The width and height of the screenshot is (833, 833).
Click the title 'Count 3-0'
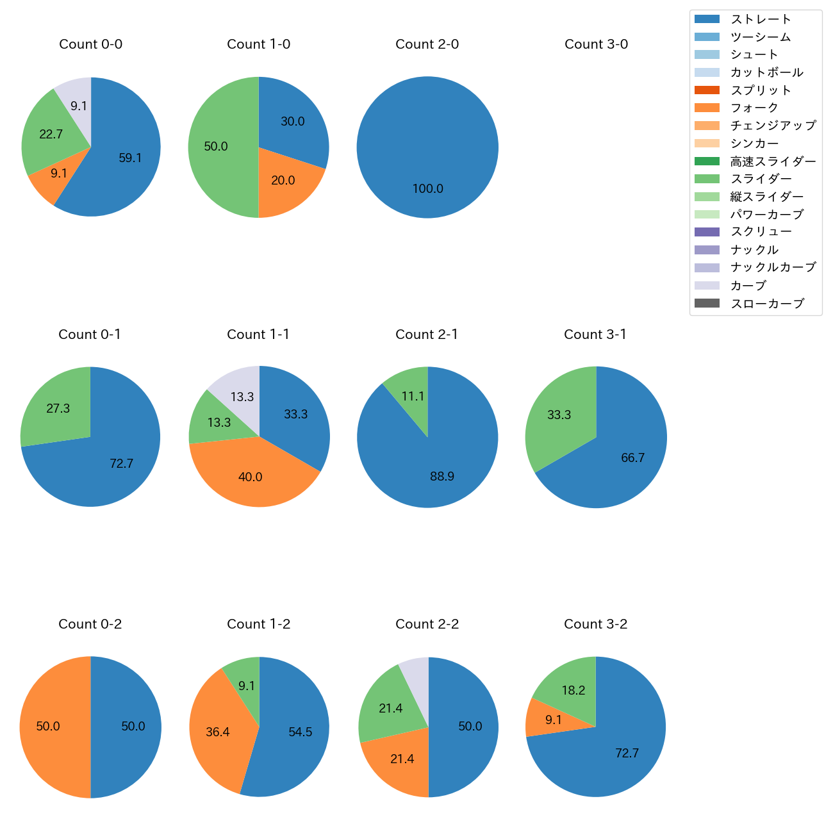[596, 44]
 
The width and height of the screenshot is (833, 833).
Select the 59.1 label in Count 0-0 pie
[130, 158]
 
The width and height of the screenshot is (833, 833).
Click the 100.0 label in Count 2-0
[427, 189]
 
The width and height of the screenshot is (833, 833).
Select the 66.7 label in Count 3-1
[632, 458]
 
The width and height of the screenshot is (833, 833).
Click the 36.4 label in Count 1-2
[218, 732]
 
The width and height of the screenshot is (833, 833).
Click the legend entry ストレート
[761, 19]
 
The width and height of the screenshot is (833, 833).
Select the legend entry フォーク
[754, 108]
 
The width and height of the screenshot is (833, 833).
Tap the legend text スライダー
[761, 179]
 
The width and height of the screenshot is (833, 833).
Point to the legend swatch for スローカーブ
[707, 303]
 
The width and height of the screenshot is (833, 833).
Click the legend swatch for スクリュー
[707, 232]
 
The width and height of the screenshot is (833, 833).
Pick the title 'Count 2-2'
[427, 624]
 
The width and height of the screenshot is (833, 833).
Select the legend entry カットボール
[766, 72]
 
